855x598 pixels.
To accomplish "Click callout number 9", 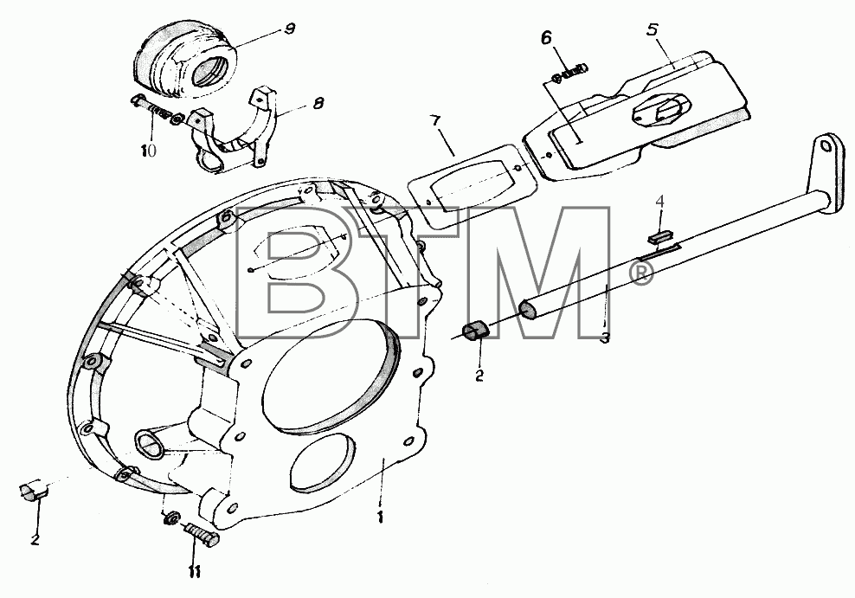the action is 291,28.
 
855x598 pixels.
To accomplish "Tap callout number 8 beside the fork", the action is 318,103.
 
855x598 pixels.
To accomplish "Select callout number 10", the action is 148,150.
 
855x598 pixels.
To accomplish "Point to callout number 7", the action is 436,122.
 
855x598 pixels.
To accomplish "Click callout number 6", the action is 547,38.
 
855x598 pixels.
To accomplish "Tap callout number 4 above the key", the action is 659,203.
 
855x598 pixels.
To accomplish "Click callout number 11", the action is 195,572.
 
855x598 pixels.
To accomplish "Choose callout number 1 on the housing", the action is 380,517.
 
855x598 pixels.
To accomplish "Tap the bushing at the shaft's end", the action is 476,331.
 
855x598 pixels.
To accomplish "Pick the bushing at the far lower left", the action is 35,490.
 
